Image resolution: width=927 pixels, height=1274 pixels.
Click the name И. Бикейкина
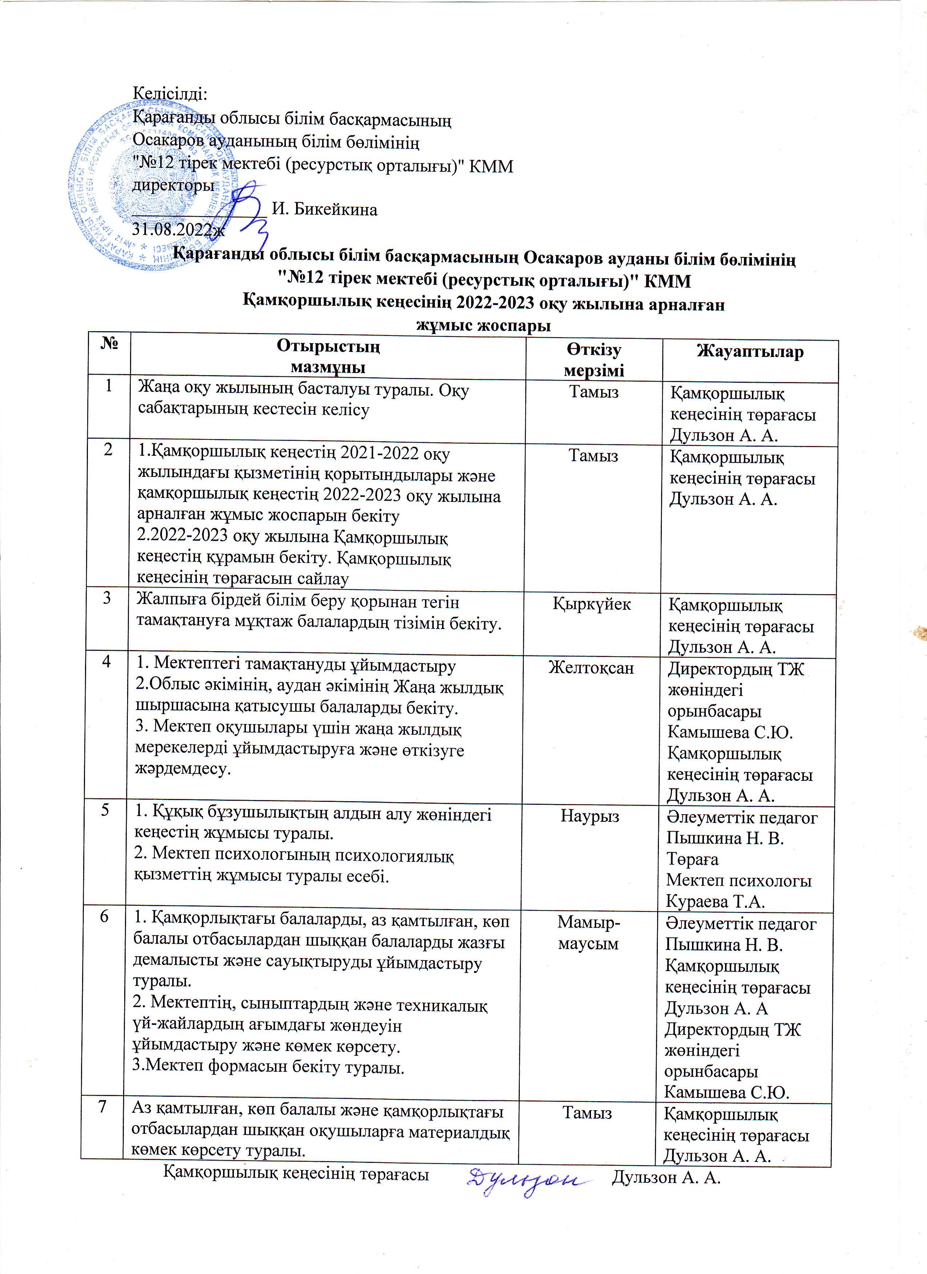324,210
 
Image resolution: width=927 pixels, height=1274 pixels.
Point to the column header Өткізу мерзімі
594,360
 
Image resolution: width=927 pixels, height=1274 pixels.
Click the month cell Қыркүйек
592,604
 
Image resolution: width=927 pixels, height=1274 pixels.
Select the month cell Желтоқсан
591,668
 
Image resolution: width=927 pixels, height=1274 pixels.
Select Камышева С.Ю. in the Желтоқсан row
730,733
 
